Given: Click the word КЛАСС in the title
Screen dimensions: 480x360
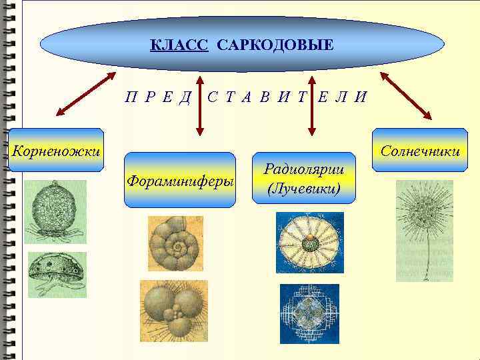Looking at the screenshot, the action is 179,45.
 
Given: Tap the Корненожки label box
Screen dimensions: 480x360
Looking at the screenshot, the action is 56,150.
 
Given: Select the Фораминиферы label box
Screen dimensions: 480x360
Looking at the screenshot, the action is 181,180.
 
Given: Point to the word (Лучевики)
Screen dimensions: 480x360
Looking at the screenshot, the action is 303,189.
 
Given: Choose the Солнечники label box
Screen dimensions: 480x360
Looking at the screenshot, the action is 420,150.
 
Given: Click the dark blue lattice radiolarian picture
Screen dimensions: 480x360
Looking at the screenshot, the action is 309,313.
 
